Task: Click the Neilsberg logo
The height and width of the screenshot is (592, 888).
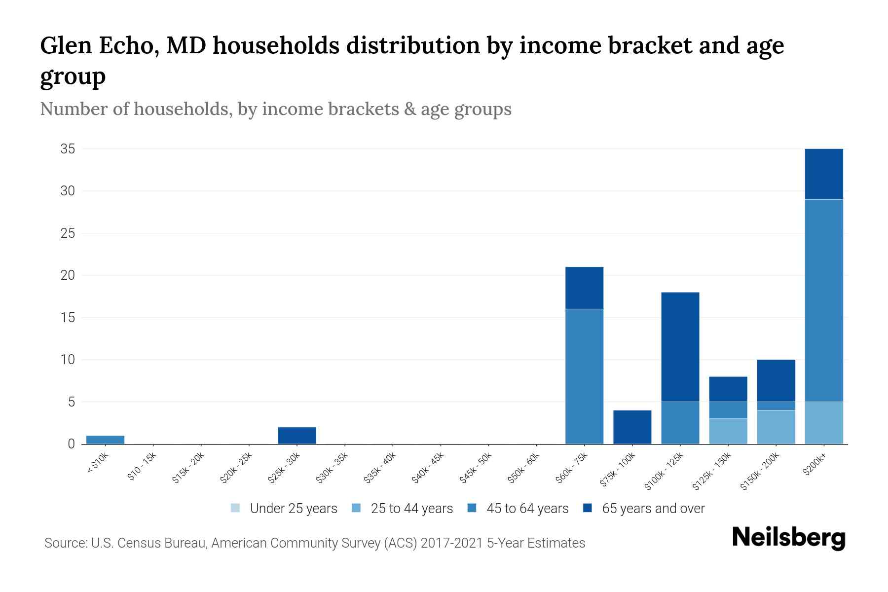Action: coord(788,538)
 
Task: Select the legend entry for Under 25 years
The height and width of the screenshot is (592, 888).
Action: coord(294,509)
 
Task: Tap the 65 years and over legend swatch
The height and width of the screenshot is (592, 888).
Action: coord(587,508)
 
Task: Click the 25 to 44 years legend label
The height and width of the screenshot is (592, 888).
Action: coord(411,509)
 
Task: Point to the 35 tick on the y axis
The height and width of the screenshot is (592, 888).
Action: coord(68,149)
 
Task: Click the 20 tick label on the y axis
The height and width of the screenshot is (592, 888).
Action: coord(68,275)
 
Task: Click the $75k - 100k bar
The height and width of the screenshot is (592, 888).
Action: coord(632,427)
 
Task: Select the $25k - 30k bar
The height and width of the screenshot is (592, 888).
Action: coord(296,436)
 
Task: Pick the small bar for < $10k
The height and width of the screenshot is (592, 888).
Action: coord(105,440)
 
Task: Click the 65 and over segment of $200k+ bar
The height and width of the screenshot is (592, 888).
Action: coord(823,174)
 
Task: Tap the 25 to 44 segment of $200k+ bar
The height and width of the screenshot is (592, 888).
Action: coord(823,423)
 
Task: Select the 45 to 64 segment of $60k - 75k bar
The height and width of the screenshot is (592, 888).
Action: coord(584,376)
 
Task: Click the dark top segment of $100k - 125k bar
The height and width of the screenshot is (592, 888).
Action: coord(680,347)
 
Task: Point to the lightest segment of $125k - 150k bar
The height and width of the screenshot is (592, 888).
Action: coord(728,431)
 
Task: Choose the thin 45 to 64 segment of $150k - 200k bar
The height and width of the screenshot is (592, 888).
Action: coord(776,406)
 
